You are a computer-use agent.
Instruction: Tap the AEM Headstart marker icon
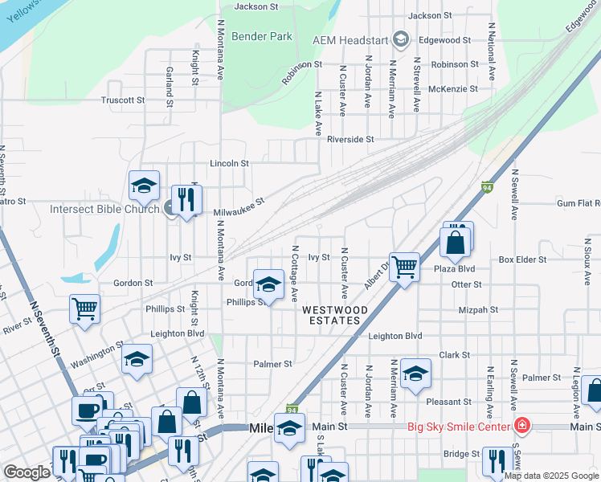pos(402,40)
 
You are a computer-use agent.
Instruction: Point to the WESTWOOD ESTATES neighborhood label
pos(335,315)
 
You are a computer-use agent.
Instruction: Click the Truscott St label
pos(122,100)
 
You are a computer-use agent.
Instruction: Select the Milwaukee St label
pos(239,207)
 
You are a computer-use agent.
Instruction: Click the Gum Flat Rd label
pos(571,205)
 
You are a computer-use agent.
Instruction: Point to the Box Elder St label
pos(522,259)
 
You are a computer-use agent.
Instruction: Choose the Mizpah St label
pos(477,309)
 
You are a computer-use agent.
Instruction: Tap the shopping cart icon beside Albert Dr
pos(404,266)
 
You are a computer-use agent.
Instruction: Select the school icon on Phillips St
pos(268,284)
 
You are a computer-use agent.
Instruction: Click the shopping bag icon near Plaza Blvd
pos(455,243)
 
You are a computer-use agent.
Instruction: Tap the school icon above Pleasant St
pos(415,374)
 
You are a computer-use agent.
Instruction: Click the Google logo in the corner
pos(27,472)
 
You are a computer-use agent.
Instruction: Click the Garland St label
pos(170,87)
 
